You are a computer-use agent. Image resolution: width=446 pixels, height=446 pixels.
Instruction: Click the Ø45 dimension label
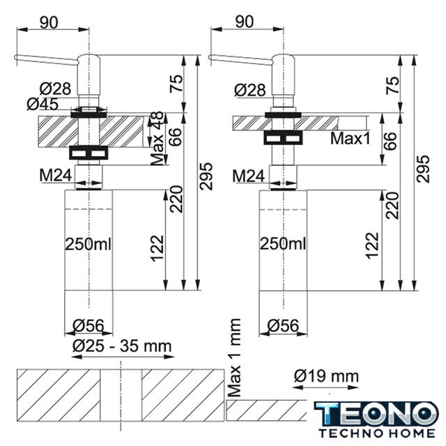43,104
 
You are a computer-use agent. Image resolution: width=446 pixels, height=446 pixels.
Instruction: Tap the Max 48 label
157,139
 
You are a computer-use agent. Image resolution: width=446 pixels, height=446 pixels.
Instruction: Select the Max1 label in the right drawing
351,139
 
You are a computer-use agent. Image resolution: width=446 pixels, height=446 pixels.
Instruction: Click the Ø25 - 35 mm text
123,346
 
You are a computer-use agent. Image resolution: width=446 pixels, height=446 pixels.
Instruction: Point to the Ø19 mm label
327,376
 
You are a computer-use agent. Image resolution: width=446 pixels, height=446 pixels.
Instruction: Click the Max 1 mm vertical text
235,357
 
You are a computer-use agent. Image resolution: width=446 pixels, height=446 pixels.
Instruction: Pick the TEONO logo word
376,414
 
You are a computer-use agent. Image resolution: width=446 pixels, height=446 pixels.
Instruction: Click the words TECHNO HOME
377,433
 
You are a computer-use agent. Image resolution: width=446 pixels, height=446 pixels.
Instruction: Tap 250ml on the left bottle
89,244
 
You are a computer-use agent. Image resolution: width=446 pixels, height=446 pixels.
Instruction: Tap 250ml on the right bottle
283,244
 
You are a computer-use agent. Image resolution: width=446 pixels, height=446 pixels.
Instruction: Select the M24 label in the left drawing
56,175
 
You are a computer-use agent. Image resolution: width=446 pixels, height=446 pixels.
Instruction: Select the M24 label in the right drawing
249,176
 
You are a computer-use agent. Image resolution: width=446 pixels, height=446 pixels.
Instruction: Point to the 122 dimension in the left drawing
157,248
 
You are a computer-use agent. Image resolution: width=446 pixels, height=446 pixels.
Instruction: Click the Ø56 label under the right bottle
284,325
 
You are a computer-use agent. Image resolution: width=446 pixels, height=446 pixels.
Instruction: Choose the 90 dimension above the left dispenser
49,22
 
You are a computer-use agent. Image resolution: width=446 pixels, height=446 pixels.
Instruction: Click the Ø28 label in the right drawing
250,91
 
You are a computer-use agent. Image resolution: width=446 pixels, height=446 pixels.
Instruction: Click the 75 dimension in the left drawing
176,83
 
